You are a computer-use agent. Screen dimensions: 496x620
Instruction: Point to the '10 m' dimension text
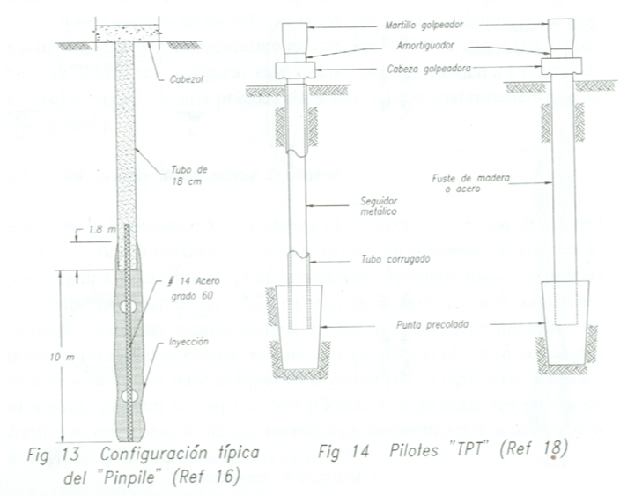pos(56,357)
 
